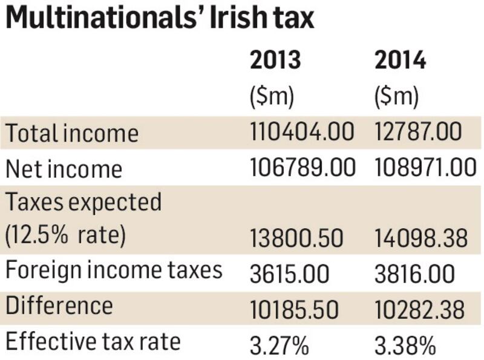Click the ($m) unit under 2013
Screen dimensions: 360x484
coord(271,97)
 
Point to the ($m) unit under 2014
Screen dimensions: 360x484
coord(396,97)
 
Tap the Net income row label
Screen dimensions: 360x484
coord(64,169)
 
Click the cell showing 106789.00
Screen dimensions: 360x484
coord(302,168)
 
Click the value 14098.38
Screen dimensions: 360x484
coord(420,238)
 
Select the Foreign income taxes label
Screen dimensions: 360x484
coord(114,270)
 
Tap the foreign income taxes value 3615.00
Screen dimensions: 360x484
coord(289,274)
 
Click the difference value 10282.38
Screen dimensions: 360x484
coord(420,309)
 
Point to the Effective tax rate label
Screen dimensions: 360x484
coord(93,342)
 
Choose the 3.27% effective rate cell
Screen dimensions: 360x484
coord(279,345)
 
